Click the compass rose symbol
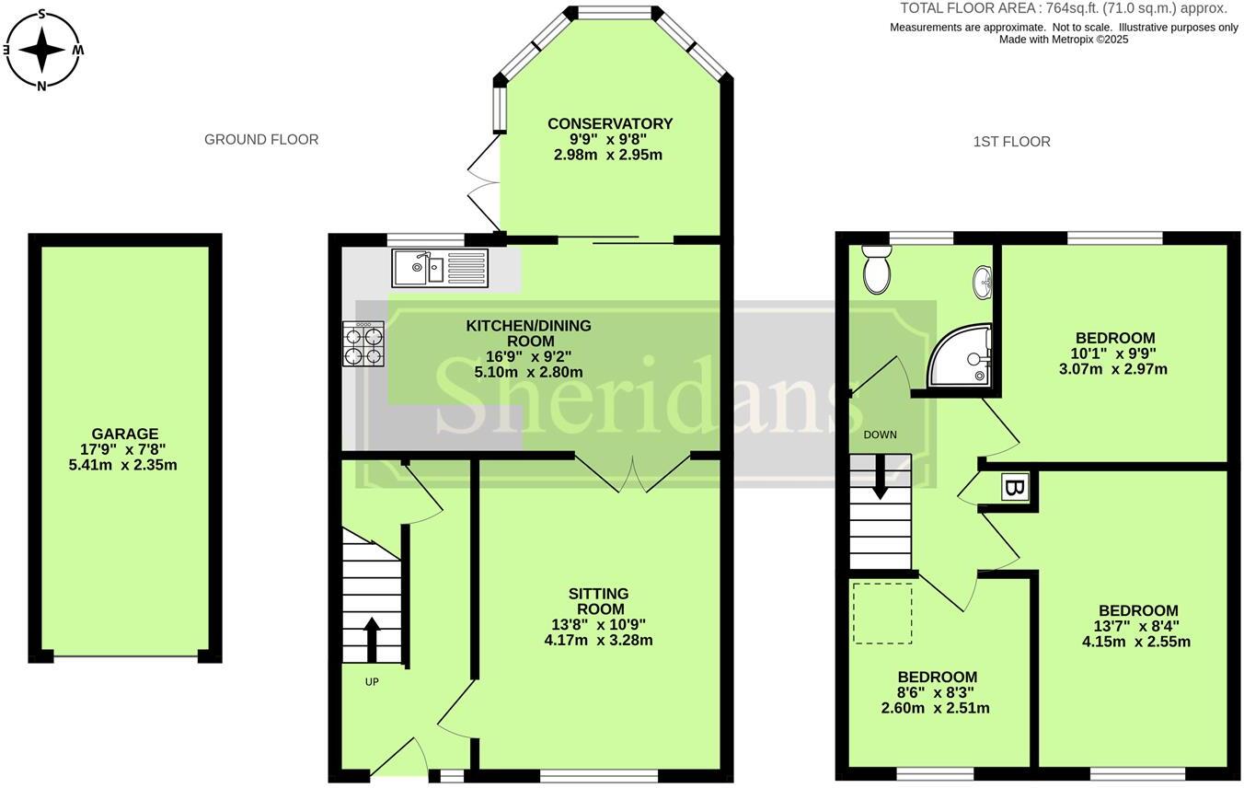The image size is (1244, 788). click(42, 50)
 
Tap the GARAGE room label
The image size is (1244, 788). click(125, 434)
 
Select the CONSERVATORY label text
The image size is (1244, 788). click(610, 123)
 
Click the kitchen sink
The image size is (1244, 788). click(442, 268)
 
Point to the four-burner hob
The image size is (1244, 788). click(363, 344)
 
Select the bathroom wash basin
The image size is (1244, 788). click(983, 282)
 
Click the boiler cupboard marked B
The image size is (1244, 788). click(1016, 487)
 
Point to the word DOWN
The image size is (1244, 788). click(880, 435)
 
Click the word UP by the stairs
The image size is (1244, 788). click(372, 682)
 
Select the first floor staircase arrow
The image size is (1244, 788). click(880, 479)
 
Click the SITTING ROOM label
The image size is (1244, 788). click(599, 601)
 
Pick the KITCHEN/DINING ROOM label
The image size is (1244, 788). click(529, 333)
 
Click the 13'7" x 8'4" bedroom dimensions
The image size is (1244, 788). click(1136, 626)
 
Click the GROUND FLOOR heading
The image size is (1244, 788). click(261, 140)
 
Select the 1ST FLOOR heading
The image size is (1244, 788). click(1011, 142)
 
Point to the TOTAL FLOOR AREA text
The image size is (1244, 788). click(1063, 8)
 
